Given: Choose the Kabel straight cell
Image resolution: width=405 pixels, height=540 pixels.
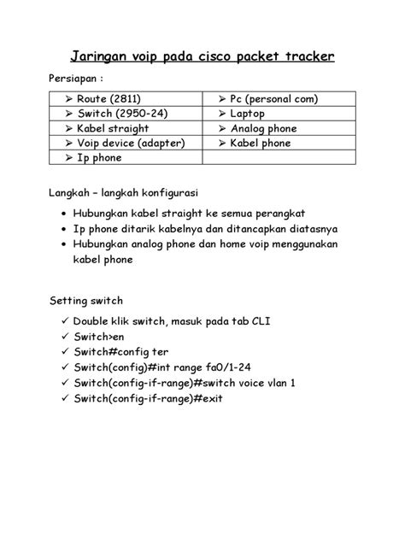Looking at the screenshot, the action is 113,128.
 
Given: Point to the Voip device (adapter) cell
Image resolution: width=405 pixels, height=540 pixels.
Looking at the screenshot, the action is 130,143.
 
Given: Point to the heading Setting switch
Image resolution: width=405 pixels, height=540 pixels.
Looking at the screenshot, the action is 86,302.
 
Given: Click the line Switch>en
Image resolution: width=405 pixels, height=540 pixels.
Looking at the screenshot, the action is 100,337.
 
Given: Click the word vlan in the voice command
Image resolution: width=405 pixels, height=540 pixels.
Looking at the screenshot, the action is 273,384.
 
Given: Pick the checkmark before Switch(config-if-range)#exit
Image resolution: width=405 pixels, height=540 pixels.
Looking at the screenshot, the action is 65,399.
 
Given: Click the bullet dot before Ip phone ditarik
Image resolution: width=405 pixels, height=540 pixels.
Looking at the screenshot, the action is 66,229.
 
